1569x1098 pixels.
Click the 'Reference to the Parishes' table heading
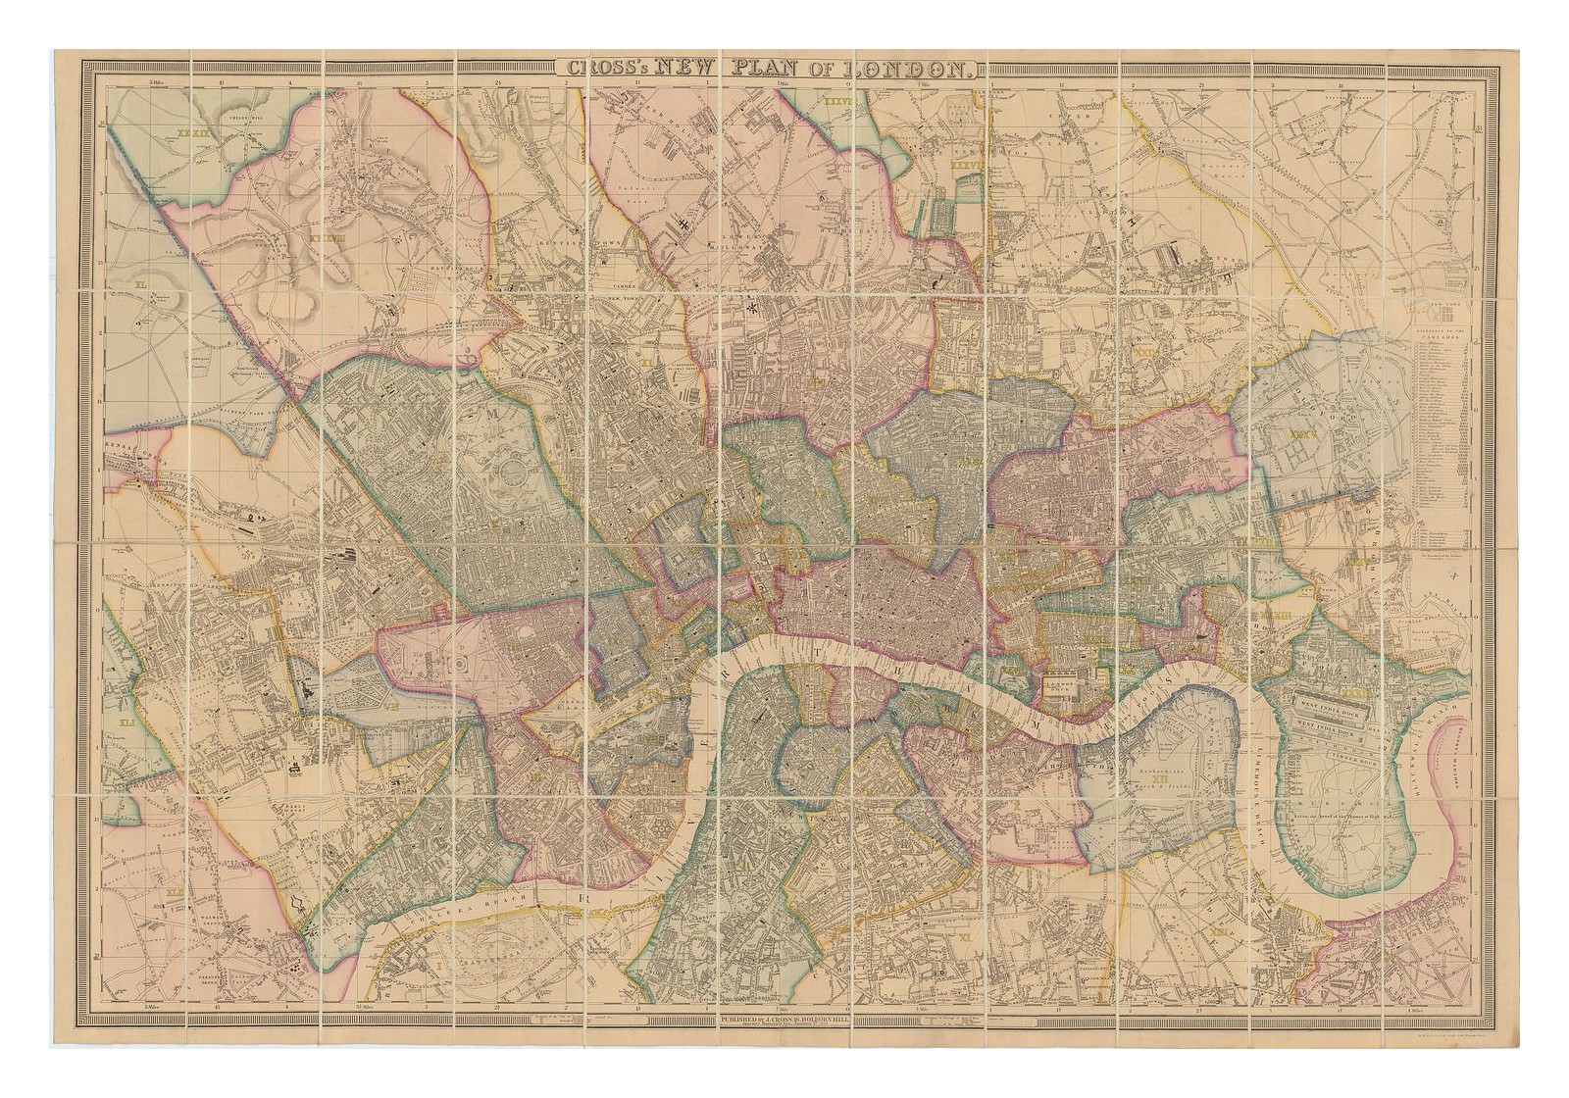(1439, 335)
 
